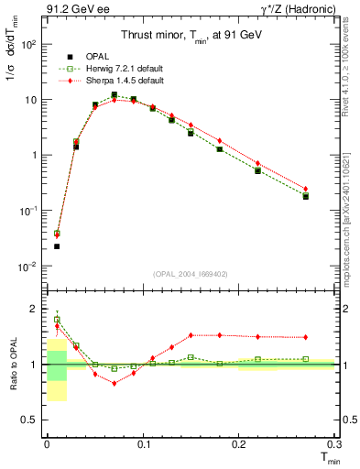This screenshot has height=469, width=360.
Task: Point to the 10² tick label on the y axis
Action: click(27, 44)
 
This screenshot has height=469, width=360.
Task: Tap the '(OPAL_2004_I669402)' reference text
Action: click(190, 274)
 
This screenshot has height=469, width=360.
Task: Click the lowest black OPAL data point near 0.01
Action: click(57, 246)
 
